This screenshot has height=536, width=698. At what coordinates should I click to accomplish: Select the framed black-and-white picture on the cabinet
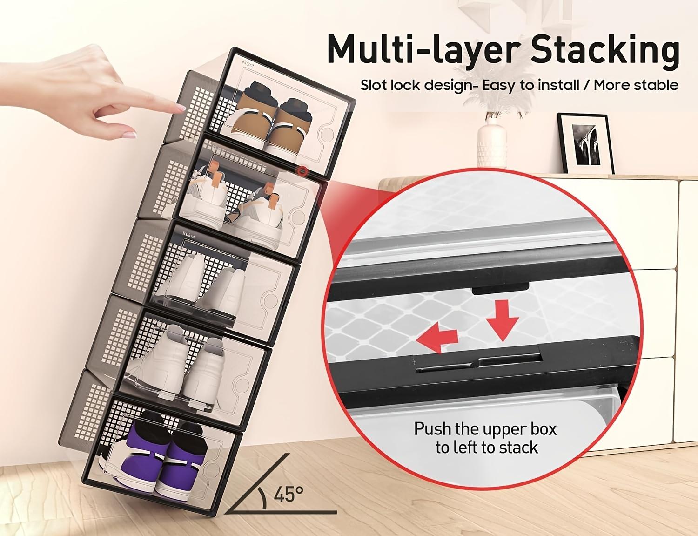click(584, 144)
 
